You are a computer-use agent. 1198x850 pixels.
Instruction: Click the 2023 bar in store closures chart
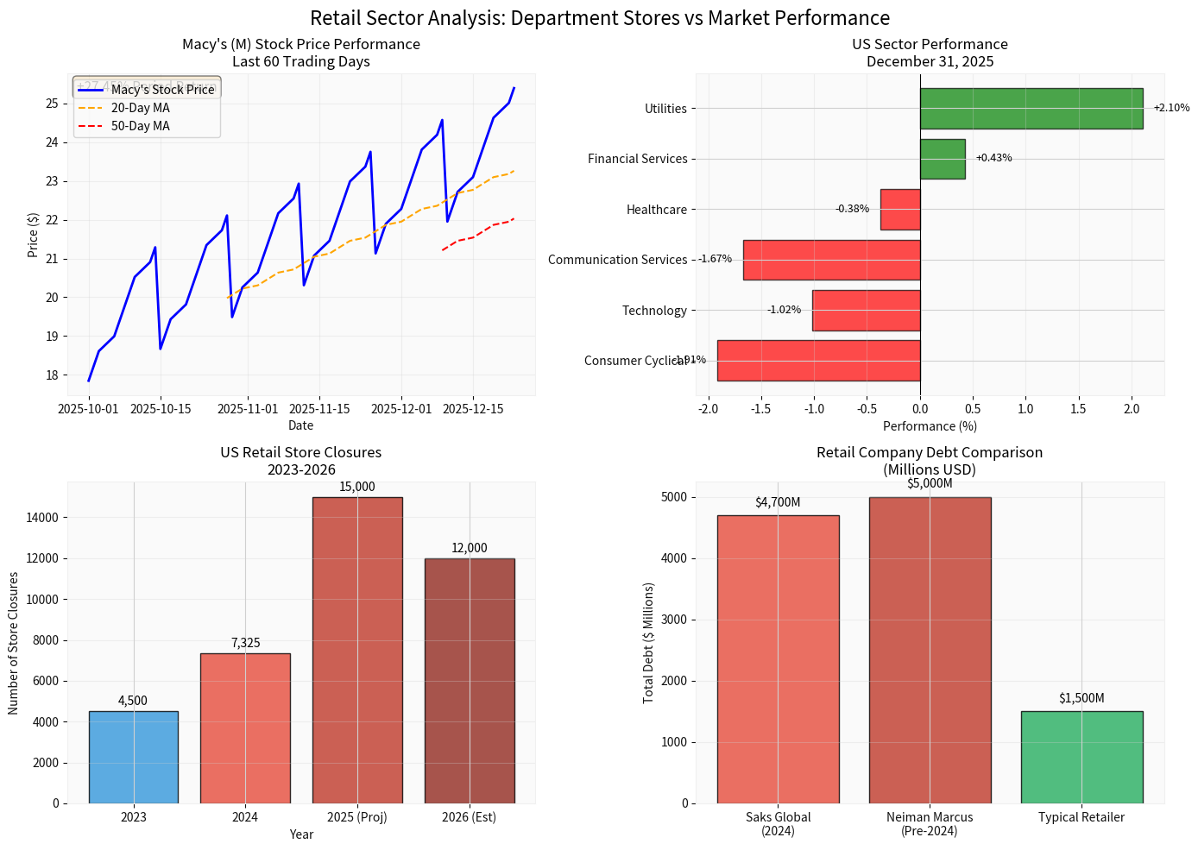pyautogui.click(x=133, y=757)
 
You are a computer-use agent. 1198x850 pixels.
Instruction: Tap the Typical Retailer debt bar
pyautogui.click(x=1081, y=757)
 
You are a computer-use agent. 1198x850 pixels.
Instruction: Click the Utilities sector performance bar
pyautogui.click(x=1031, y=109)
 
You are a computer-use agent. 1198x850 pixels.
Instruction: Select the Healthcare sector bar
pyautogui.click(x=899, y=210)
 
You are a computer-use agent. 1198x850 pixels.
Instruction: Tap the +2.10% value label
pyautogui.click(x=1170, y=108)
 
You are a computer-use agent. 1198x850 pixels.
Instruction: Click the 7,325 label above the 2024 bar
pyautogui.click(x=245, y=643)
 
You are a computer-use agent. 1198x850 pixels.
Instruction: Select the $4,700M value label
pyautogui.click(x=778, y=502)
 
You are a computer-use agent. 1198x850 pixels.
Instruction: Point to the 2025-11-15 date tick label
pyautogui.click(x=320, y=409)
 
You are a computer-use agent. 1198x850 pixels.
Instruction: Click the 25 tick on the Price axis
pyautogui.click(x=52, y=104)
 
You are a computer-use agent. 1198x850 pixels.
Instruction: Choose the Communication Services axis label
pyautogui.click(x=617, y=260)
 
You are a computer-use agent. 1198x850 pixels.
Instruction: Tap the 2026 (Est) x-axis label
pyautogui.click(x=469, y=817)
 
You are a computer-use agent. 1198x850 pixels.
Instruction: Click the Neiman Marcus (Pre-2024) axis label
pyautogui.click(x=930, y=824)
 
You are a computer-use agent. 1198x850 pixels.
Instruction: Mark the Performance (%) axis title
pyautogui.click(x=930, y=426)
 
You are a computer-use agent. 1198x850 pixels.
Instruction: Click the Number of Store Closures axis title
pyautogui.click(x=14, y=643)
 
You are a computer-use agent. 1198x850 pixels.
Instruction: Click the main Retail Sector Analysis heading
pyautogui.click(x=599, y=18)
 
